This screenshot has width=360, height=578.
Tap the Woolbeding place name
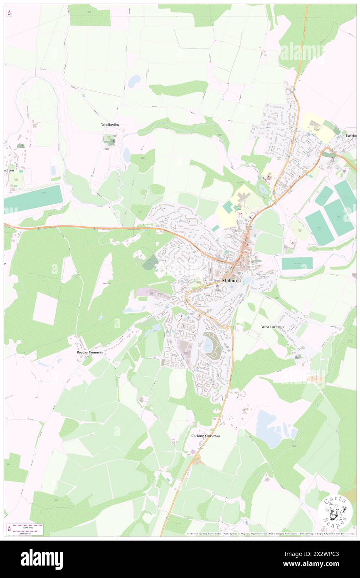coord(111,125)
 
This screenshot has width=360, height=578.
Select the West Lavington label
coord(273,327)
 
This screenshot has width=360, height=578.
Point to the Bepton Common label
coord(89,352)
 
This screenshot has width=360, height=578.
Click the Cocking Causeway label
coord(206,436)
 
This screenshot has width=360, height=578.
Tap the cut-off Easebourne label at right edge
coord(351,136)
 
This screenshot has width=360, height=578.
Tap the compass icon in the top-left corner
coord(9,13)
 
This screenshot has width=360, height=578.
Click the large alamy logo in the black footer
coord(42,559)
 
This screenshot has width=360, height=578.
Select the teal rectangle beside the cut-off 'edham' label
coord(33,198)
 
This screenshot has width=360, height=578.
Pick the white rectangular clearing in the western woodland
coord(45,309)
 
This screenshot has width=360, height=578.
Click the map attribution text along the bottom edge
coord(270,534)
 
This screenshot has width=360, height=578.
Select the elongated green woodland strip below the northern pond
coord(179,88)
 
